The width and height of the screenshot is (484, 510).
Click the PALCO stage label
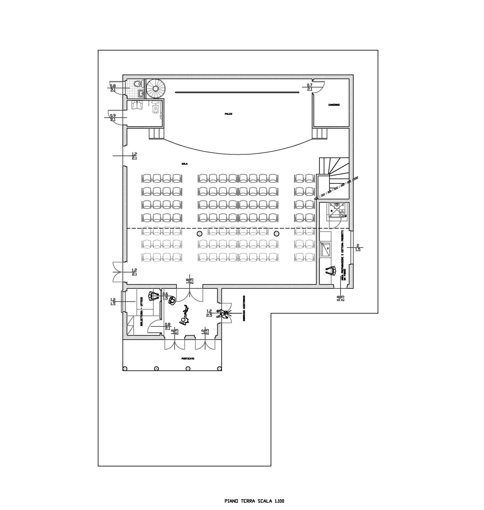(x=228, y=114)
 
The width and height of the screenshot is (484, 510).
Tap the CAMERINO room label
(x=334, y=105)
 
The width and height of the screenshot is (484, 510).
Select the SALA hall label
(x=184, y=164)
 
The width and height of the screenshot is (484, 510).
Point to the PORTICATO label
(x=188, y=358)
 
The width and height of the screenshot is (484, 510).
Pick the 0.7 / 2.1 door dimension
(x=310, y=87)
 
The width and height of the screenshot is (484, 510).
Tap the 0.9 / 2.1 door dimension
(x=113, y=118)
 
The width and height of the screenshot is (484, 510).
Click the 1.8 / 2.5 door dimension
(x=190, y=281)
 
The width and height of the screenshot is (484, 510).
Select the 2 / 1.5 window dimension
(x=357, y=247)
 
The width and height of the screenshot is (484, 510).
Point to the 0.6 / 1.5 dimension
(x=165, y=296)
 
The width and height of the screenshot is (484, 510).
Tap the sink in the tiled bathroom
(x=140, y=93)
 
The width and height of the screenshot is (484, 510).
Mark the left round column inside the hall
(x=199, y=234)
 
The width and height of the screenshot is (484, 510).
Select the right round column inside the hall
(x=276, y=234)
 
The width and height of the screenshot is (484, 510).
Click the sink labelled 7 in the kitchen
(x=326, y=249)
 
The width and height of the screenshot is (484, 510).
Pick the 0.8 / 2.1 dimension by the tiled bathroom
(x=113, y=88)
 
